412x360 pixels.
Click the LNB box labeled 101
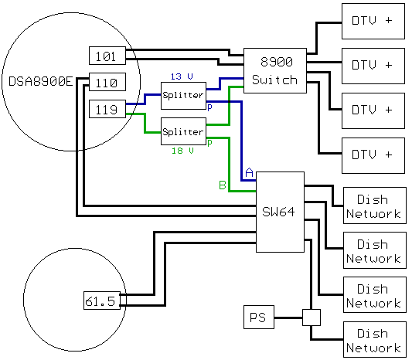(x=107, y=56)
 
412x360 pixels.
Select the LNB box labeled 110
(x=107, y=82)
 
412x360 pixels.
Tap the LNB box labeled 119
(x=107, y=109)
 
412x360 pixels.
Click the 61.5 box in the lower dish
(x=102, y=301)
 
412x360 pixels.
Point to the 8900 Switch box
(x=275, y=70)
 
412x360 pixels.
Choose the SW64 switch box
(x=280, y=212)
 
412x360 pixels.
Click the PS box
(x=259, y=317)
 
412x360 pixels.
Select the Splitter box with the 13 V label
(x=183, y=96)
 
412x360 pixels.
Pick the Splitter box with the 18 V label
(x=183, y=131)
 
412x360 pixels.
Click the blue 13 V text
(x=182, y=76)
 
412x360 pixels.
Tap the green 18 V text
(x=182, y=151)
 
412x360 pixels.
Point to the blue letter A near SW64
(x=249, y=172)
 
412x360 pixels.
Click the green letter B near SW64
(x=223, y=185)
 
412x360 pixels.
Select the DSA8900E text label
(x=40, y=81)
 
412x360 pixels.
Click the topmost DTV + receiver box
(x=373, y=22)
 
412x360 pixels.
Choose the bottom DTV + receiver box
(x=373, y=155)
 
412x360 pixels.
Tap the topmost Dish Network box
(x=375, y=205)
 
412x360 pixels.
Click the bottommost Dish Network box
(x=375, y=339)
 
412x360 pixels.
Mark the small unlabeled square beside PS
(x=312, y=318)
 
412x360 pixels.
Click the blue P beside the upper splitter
(x=209, y=107)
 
